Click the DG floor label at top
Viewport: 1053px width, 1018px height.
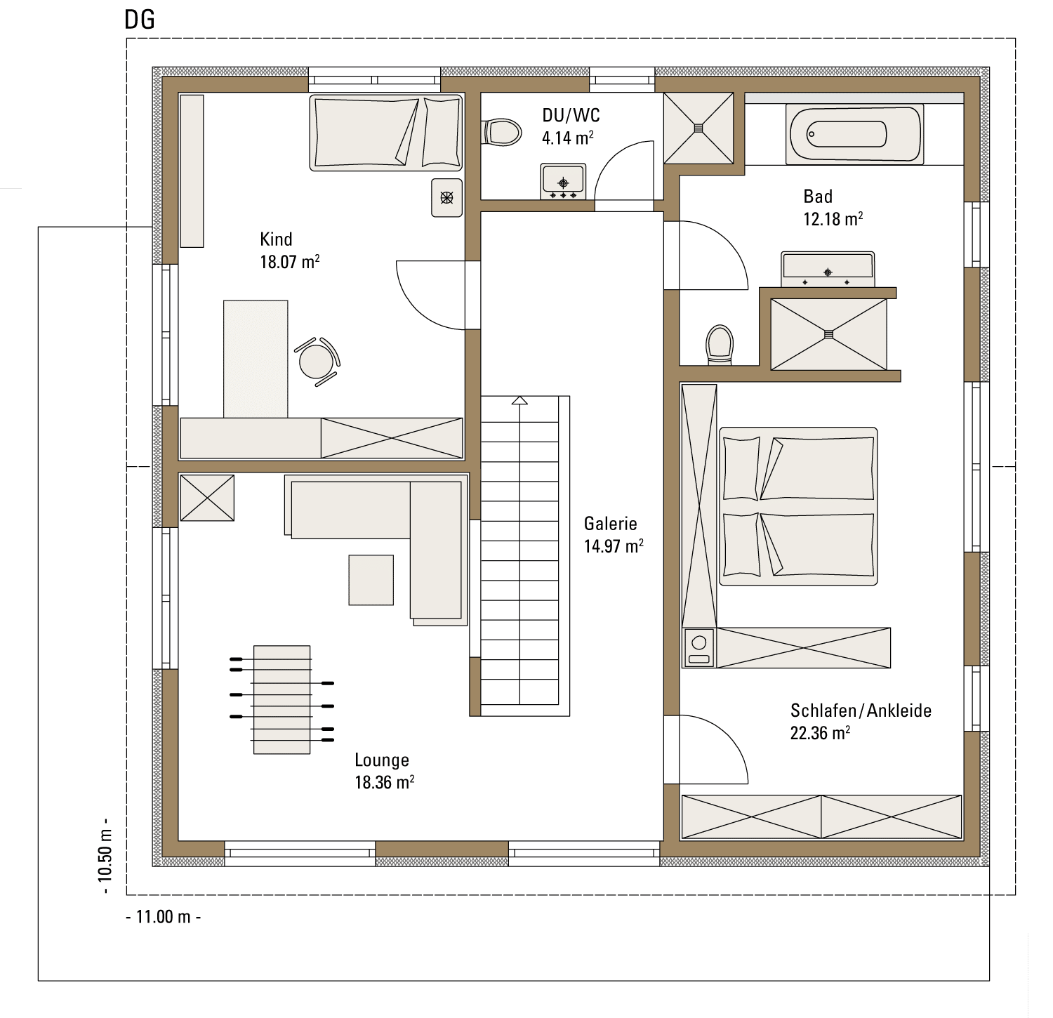click(139, 20)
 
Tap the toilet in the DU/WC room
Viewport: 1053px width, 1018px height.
click(502, 132)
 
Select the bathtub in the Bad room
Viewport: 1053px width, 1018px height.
click(854, 135)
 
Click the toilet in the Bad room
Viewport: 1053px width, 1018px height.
click(720, 344)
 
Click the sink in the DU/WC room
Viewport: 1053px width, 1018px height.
click(563, 181)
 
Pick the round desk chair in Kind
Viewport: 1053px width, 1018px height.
click(317, 361)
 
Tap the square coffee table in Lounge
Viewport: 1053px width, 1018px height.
click(371, 580)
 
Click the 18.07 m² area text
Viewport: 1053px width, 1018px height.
click(290, 262)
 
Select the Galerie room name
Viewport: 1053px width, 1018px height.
click(611, 524)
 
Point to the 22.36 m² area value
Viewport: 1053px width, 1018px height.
click(821, 733)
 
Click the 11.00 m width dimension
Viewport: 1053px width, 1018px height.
click(164, 917)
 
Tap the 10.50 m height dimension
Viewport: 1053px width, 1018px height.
click(105, 856)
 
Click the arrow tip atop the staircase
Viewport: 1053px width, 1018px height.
click(519, 397)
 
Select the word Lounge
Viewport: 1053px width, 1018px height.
click(382, 760)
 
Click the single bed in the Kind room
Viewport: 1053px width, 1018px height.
click(386, 133)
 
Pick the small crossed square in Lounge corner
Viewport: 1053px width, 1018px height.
click(207, 498)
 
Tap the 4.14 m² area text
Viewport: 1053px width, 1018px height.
click(568, 138)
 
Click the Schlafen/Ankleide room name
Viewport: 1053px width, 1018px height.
click(861, 710)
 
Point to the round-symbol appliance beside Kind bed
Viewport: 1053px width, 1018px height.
click(447, 197)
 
